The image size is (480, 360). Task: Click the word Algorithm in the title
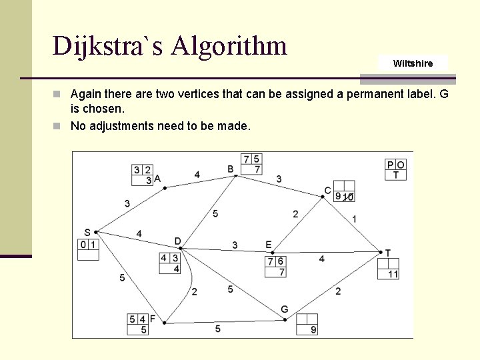tap(229, 46)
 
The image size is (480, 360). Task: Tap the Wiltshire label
tap(413, 63)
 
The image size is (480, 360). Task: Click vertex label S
tap(87, 232)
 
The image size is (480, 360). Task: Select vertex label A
tap(157, 179)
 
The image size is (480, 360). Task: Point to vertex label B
tap(231, 169)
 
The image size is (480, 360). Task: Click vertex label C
tap(327, 191)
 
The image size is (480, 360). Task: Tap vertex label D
tap(177, 241)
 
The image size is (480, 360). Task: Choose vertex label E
tap(268, 245)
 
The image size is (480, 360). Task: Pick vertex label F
tap(153, 319)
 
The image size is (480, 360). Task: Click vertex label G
tap(284, 309)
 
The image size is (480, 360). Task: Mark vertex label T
tap(388, 253)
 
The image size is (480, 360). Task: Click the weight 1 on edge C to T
tap(354, 219)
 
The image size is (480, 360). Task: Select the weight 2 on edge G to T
tap(338, 291)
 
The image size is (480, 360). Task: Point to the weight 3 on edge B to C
tap(279, 179)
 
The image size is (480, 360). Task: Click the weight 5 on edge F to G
tap(218, 329)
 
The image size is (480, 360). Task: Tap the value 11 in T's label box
tap(393, 274)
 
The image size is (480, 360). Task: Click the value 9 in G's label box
tap(313, 330)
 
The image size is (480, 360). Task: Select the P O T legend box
tap(395, 169)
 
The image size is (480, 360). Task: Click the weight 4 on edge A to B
tap(197, 175)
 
